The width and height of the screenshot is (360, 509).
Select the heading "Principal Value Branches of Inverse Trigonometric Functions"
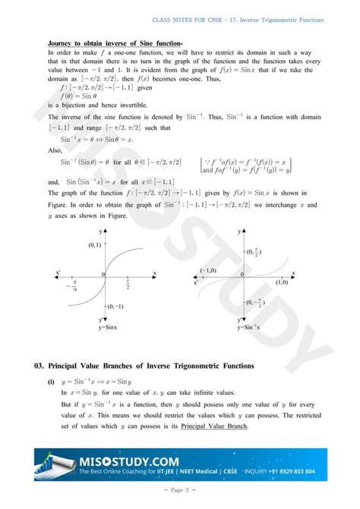tap(152, 366)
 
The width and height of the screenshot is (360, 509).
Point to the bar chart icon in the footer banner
tap(56, 465)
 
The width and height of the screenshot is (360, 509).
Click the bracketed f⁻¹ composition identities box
tap(247, 166)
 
